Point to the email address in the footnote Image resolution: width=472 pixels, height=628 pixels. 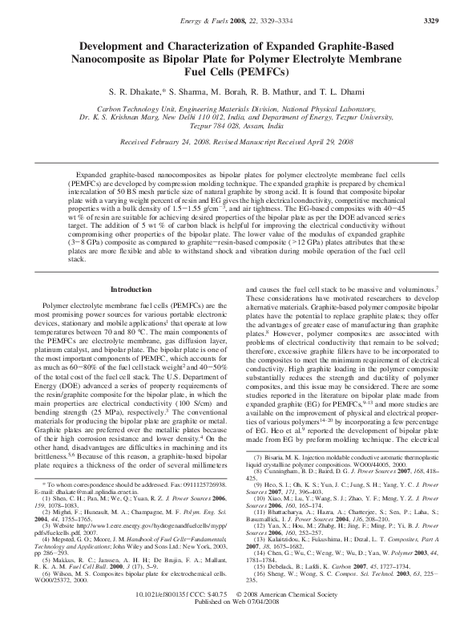(92, 487)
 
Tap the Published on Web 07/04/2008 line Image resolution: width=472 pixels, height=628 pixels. (236, 617)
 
